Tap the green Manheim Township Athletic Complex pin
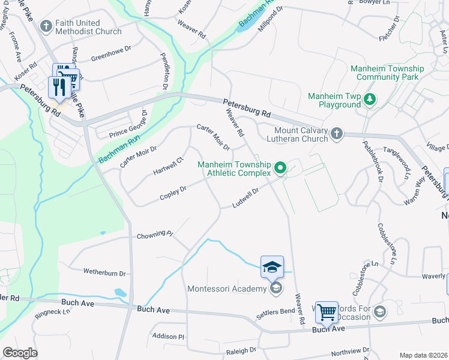(x=280, y=168)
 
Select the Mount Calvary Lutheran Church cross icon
(x=337, y=133)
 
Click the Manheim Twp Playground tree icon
(x=371, y=99)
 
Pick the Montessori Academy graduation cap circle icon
(x=276, y=289)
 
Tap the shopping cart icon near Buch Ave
(x=327, y=311)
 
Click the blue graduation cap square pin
(x=272, y=266)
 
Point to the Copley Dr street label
(x=173, y=193)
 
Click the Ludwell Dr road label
(x=246, y=199)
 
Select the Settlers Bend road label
(x=276, y=311)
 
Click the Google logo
(x=20, y=353)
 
